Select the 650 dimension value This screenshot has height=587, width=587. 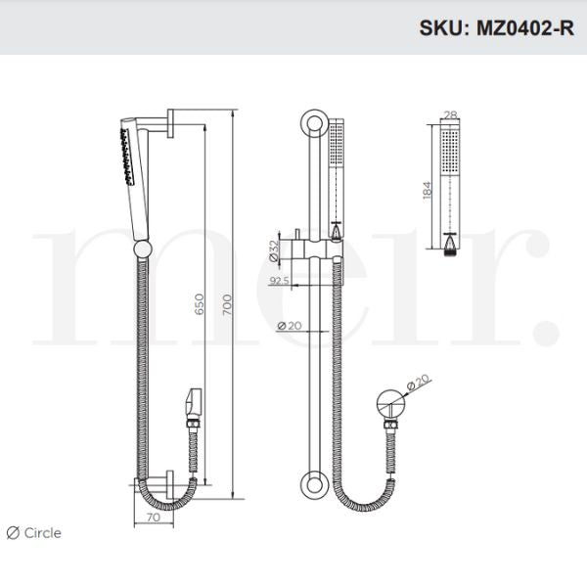[x=200, y=305]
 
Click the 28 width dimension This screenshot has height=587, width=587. [x=450, y=116]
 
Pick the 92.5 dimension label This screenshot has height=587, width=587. [x=277, y=281]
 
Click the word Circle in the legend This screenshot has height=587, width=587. [x=43, y=533]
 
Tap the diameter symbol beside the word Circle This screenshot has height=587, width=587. [x=13, y=533]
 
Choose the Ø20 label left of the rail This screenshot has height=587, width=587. [x=289, y=326]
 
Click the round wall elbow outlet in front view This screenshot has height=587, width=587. [x=389, y=403]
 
